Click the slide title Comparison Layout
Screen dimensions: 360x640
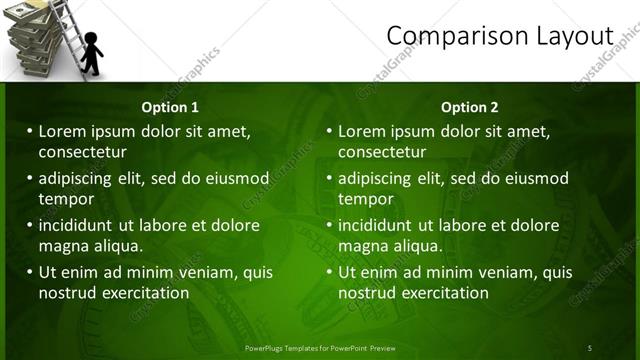(x=499, y=36)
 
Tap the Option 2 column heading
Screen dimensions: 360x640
(x=469, y=107)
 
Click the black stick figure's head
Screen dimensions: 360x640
(x=91, y=41)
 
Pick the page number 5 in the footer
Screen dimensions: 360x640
(x=589, y=348)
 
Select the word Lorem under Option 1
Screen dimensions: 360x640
(x=63, y=131)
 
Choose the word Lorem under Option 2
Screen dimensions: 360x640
(x=363, y=131)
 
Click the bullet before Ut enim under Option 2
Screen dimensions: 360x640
(x=329, y=272)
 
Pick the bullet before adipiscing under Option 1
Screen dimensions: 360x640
(x=29, y=179)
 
